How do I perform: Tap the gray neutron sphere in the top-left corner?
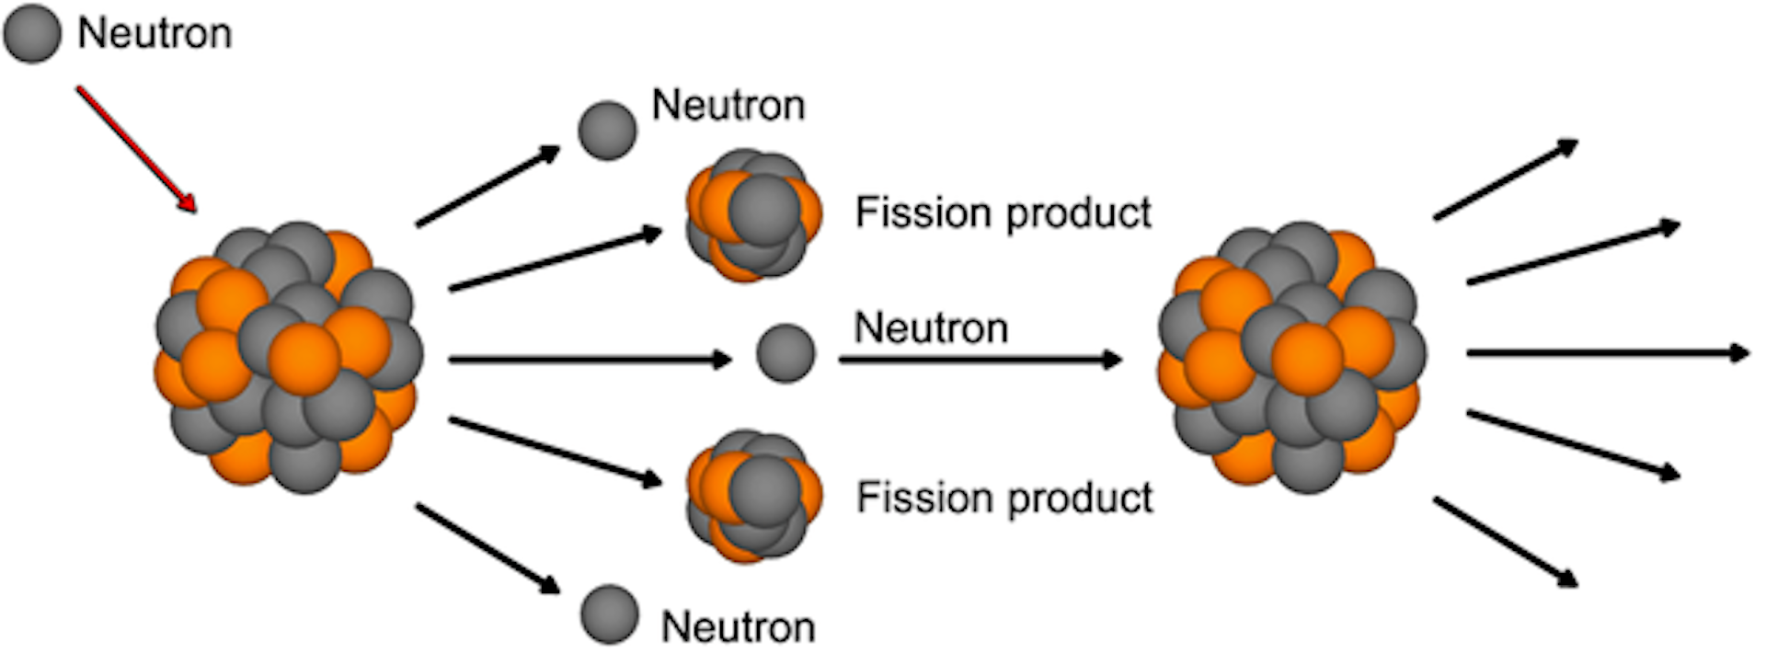(32, 33)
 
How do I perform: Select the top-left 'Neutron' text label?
(155, 34)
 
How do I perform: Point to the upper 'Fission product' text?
(1003, 213)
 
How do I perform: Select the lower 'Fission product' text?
(1004, 499)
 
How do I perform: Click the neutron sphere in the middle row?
(786, 353)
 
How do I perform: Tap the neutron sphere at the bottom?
(609, 614)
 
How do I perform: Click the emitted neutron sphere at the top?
(607, 131)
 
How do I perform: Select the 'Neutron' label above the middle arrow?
(931, 328)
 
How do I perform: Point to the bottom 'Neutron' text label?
(738, 627)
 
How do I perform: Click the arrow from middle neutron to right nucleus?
(980, 359)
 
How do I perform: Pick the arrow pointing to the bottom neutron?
(487, 548)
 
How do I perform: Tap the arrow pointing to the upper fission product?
(556, 261)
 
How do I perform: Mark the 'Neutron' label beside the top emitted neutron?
(728, 106)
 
